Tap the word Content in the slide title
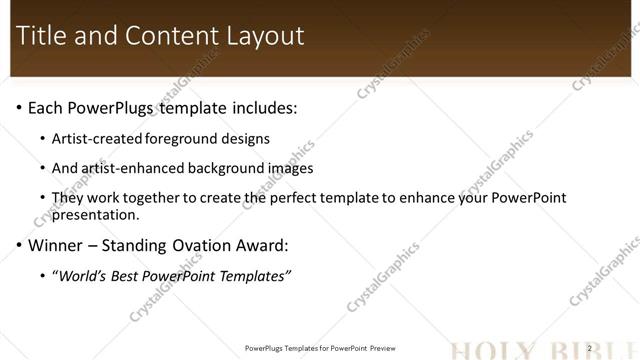[164, 36]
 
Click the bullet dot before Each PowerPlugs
[19, 107]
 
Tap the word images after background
[291, 168]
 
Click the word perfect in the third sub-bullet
[320, 198]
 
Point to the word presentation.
[95, 214]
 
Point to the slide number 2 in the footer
[590, 348]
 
